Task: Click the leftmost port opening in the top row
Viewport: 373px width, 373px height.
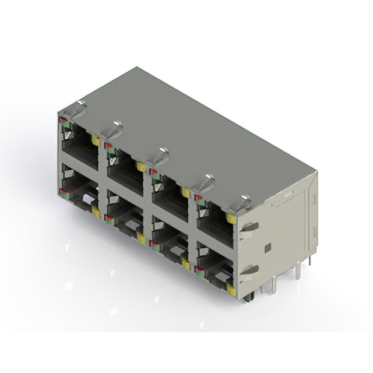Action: pos(79,142)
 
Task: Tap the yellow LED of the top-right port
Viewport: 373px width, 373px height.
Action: pos(231,219)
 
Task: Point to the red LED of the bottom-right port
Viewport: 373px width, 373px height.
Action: pos(198,269)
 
